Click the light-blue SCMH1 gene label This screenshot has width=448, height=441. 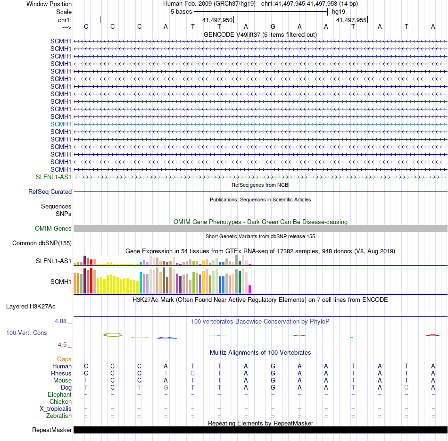(61, 124)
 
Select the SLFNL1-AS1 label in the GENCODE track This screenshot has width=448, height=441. (54, 177)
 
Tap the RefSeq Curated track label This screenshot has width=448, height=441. (50, 192)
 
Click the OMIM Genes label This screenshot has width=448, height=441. (53, 228)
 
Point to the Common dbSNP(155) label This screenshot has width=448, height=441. (42, 243)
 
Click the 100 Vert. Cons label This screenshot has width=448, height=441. (26, 333)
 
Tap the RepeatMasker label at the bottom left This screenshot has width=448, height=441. (52, 430)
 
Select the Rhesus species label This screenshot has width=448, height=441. (61, 373)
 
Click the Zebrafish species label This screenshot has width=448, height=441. (59, 416)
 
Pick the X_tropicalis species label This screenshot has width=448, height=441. (56, 408)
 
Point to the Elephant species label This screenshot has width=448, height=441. (59, 394)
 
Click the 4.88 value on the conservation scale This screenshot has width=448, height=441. (63, 321)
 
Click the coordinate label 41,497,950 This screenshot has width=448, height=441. (217, 20)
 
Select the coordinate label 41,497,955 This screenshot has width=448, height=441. (351, 20)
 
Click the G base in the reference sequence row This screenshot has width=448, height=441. (273, 27)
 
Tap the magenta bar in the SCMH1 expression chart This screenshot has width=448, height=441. (250, 289)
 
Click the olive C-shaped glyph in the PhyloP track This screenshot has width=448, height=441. (113, 335)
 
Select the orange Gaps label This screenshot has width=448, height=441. (64, 359)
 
